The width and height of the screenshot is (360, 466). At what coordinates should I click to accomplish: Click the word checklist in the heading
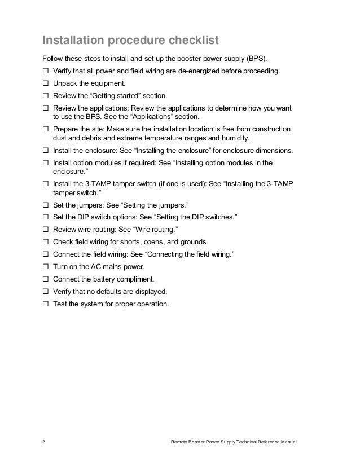coord(191,41)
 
